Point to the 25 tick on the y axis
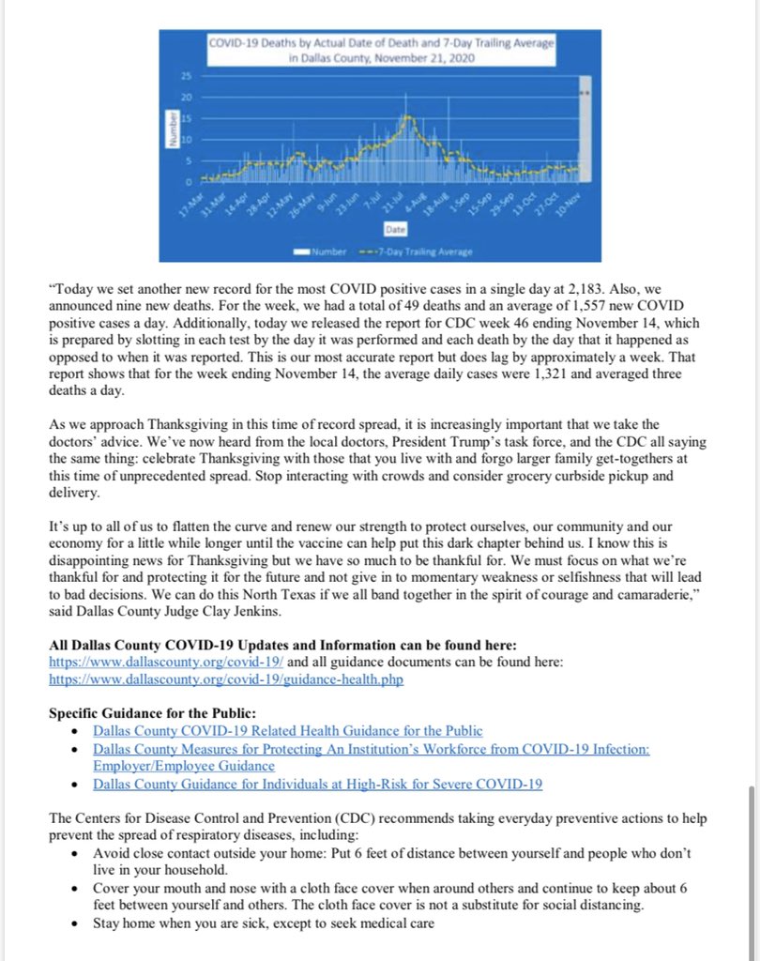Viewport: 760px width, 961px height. coord(185,76)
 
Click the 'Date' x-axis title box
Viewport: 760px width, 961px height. coord(394,229)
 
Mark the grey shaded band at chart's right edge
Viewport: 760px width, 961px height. coord(584,131)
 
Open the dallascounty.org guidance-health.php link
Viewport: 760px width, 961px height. coord(226,679)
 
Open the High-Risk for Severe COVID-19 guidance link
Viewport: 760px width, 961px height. coord(317,784)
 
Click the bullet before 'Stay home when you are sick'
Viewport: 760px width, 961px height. coord(77,923)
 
